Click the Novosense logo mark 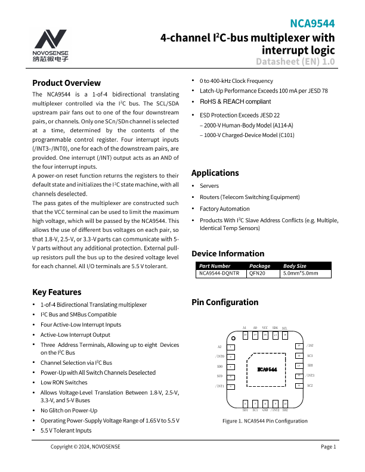pos(50,39)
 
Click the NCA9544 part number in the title pos(312,24)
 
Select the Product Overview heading pos(66,83)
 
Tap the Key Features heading pos(57,292)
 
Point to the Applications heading pos(215,173)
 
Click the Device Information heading pos(227,253)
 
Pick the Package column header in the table pos(259,266)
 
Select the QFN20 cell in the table pos(257,274)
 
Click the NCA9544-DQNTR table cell pos(219,274)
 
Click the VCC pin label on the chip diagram pos(265,328)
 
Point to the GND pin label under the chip pos(265,410)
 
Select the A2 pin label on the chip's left pos(219,346)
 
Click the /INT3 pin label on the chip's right pos(311,375)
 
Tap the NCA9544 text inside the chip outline pos(267,369)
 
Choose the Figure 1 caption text pos(265,421)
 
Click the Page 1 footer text pos(329,447)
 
